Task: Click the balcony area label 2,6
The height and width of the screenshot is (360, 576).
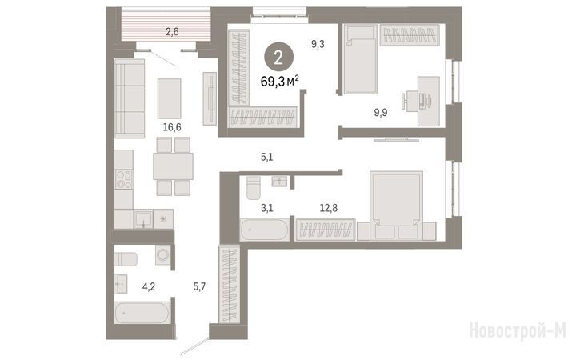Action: [172, 32]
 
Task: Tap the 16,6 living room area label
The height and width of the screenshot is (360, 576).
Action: [172, 127]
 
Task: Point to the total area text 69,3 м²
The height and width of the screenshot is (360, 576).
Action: [279, 81]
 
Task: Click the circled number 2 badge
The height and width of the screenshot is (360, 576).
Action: [278, 57]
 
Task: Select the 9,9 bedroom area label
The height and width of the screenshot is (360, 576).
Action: [381, 113]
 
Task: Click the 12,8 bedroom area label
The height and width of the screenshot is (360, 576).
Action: [329, 208]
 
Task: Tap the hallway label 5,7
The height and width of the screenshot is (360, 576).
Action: [199, 286]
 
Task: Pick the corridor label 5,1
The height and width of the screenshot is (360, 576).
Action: [266, 158]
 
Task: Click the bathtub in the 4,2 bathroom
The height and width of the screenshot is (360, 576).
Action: [142, 313]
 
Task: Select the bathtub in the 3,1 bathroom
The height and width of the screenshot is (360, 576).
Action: [265, 230]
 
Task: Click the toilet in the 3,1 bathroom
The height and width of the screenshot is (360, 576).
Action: [254, 188]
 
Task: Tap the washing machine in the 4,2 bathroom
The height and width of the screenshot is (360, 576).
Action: [162, 254]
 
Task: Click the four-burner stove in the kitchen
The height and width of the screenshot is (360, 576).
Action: [124, 180]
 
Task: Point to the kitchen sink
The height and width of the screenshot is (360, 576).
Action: [143, 219]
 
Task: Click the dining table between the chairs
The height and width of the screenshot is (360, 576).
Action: [173, 166]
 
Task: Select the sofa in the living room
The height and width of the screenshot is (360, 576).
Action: [130, 98]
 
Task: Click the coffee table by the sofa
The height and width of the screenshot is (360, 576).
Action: [170, 98]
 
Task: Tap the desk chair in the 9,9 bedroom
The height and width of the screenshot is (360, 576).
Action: [410, 101]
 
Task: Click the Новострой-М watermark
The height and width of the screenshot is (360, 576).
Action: [518, 330]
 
